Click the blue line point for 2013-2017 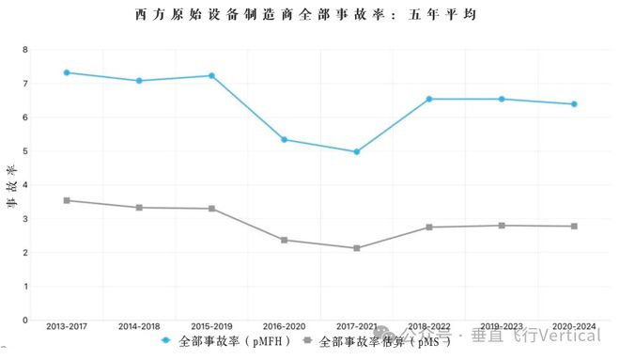[67, 72]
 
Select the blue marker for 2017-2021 [357, 151]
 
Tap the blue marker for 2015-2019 [211, 75]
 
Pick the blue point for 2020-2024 [574, 104]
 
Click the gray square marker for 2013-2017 [67, 200]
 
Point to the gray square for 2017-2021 [357, 248]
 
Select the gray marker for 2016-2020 [284, 240]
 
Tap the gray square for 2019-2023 [502, 226]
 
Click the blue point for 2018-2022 [429, 99]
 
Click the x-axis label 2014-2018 [139, 326]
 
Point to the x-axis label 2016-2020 [284, 326]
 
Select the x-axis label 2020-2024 [574, 326]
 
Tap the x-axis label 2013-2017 [67, 326]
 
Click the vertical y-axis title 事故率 [11, 184]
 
